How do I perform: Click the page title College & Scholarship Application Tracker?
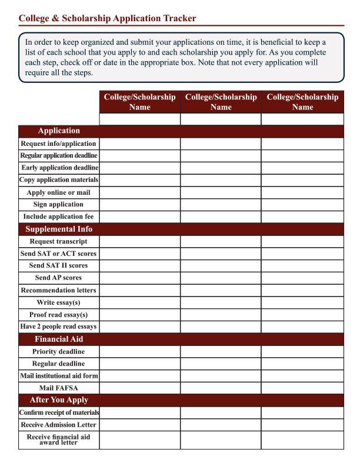[108, 18]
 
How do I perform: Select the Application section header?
[59, 131]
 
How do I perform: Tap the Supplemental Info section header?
[59, 229]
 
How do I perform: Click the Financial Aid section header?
[59, 339]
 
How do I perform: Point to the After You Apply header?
[59, 400]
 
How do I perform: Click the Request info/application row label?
[58, 144]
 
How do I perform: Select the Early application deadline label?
[59, 168]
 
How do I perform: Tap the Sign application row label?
[58, 204]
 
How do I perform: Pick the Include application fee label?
[58, 217]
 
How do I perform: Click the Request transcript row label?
[58, 241]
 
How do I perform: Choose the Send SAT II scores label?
[58, 265]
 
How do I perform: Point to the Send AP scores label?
[58, 278]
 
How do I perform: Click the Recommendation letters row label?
[58, 290]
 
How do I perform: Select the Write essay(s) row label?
[58, 302]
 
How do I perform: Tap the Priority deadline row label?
[58, 351]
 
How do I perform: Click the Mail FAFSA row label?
[58, 388]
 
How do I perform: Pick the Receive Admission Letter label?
[58, 425]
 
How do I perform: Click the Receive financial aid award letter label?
[58, 440]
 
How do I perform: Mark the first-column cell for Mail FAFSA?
[139, 388]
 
